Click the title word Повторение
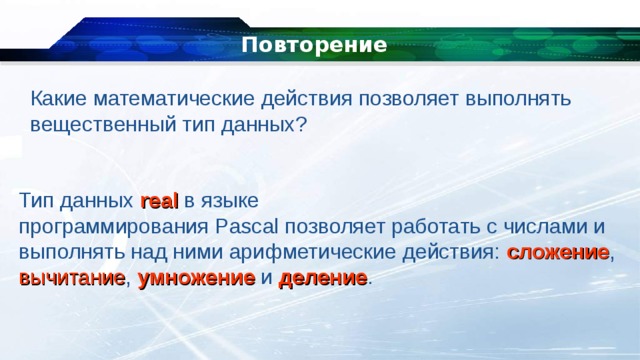coord(314,46)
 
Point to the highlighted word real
coord(160,200)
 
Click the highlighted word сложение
coord(558,252)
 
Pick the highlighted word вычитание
coord(71,278)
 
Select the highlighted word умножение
coord(196,278)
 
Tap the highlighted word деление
coord(323,278)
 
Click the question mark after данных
coord(302,125)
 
